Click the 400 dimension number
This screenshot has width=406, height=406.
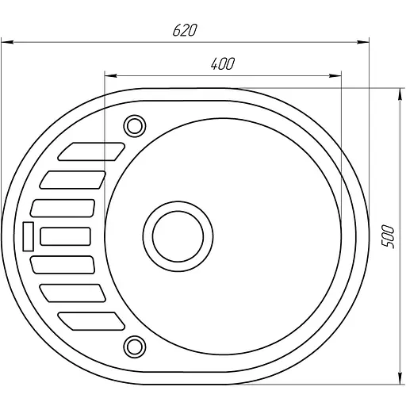(223, 63)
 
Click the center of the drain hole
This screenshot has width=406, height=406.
(178, 235)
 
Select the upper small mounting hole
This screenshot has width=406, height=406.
(133, 125)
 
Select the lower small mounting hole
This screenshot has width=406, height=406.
(133, 344)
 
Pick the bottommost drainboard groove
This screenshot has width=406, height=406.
(92, 320)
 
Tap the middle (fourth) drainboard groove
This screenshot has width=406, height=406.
(65, 235)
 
